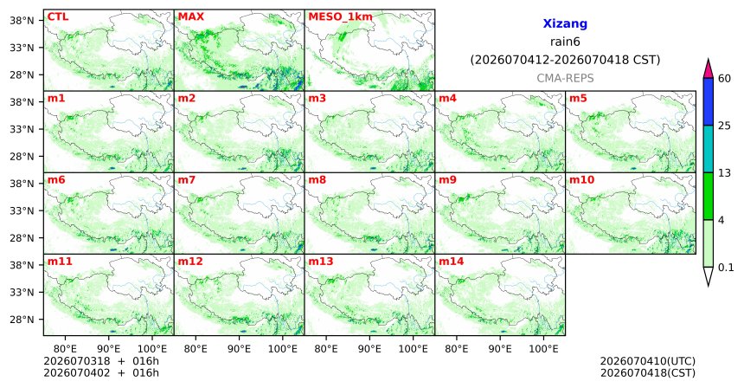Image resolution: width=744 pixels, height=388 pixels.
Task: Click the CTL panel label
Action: click(x=58, y=16)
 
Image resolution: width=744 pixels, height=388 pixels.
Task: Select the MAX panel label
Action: click(x=190, y=16)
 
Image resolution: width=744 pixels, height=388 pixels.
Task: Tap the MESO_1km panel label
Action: click(x=340, y=17)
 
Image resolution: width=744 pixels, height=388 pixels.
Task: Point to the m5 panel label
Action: click(x=578, y=99)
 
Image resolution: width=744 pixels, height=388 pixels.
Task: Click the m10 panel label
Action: click(x=581, y=180)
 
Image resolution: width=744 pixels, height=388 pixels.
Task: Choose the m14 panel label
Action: click(x=452, y=262)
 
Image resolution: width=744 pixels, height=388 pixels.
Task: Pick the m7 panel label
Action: click(x=188, y=180)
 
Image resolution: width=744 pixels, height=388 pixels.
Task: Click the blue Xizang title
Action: click(x=565, y=23)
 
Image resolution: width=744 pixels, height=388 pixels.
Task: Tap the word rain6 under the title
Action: click(x=565, y=42)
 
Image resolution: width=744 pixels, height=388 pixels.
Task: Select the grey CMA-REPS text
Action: click(x=565, y=78)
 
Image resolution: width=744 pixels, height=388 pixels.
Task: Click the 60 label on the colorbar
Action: click(x=724, y=78)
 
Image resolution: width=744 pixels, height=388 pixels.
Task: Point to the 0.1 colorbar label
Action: click(x=726, y=268)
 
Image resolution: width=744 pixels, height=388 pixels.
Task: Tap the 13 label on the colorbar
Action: click(x=724, y=173)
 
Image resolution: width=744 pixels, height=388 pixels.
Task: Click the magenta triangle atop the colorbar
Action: click(x=708, y=69)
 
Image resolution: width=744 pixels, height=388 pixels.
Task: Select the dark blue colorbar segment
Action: click(x=708, y=101)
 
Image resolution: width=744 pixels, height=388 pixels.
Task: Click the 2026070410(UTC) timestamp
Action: click(x=648, y=362)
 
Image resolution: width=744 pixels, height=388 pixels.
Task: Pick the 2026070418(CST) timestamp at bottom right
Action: click(x=648, y=372)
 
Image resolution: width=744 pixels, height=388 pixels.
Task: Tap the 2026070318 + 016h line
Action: click(x=101, y=362)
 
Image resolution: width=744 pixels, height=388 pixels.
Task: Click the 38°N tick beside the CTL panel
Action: click(x=22, y=21)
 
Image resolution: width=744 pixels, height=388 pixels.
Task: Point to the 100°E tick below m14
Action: click(x=543, y=349)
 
